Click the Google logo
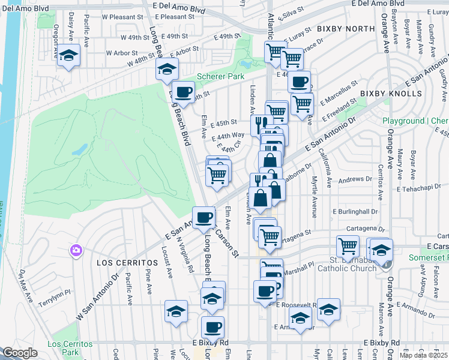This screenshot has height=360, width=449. pyautogui.click(x=20, y=353)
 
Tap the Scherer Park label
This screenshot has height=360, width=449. pyautogui.click(x=221, y=77)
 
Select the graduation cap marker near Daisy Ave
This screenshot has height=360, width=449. pyautogui.click(x=69, y=55)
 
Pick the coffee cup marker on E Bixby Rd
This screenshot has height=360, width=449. pyautogui.click(x=212, y=327)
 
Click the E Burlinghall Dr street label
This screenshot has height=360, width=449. pyautogui.click(x=355, y=212)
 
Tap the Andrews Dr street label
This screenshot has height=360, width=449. pyautogui.click(x=355, y=179)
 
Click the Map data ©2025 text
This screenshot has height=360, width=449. pyautogui.click(x=424, y=355)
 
